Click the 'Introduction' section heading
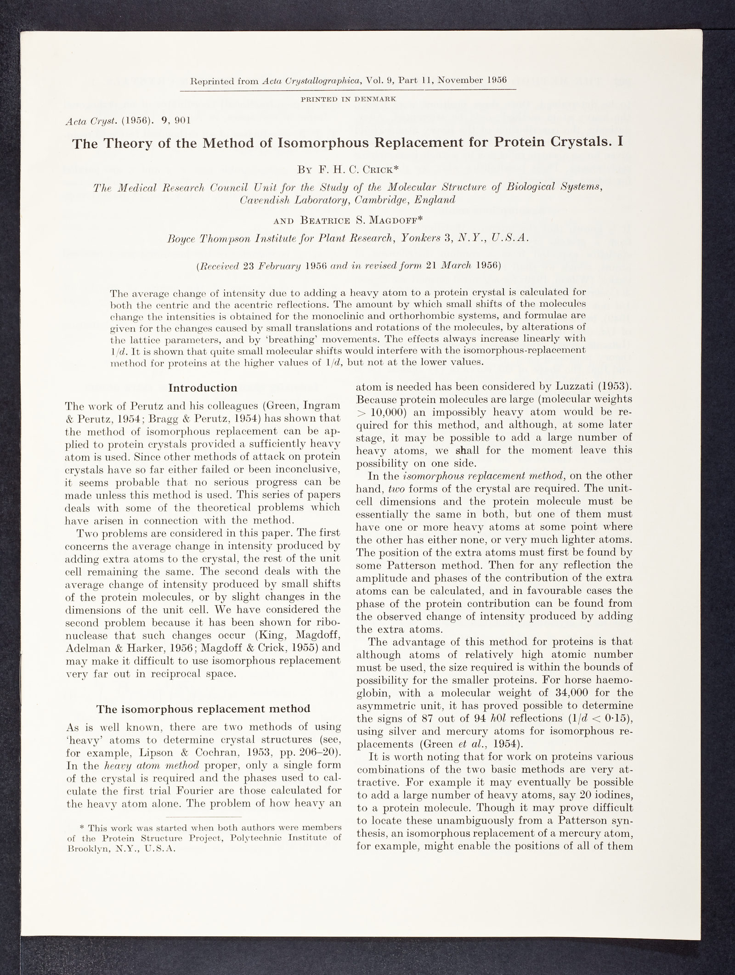coord(203,388)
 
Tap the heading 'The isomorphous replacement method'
coord(203,709)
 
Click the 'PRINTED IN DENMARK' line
coord(349,98)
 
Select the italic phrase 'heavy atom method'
coord(144,766)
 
